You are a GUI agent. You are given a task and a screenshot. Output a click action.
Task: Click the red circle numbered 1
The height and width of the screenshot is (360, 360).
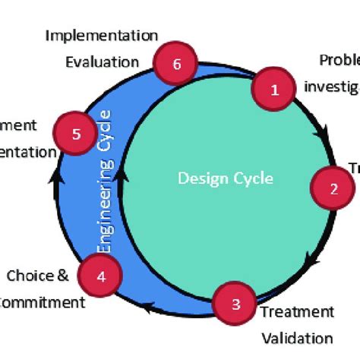click(275, 90)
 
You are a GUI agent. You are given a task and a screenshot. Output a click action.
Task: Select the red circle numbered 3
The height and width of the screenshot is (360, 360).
click(235, 305)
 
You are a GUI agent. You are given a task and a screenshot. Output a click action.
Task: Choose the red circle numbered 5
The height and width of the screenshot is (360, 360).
click(76, 134)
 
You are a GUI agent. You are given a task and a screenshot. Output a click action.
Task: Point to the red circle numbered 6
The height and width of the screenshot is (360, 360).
click(176, 64)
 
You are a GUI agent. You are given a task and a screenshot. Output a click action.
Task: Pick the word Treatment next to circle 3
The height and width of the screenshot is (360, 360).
click(297, 311)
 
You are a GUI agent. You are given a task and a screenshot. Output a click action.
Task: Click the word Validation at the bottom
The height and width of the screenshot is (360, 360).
click(297, 337)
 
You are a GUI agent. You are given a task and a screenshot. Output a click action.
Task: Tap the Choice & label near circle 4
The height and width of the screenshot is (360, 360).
click(37, 275)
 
